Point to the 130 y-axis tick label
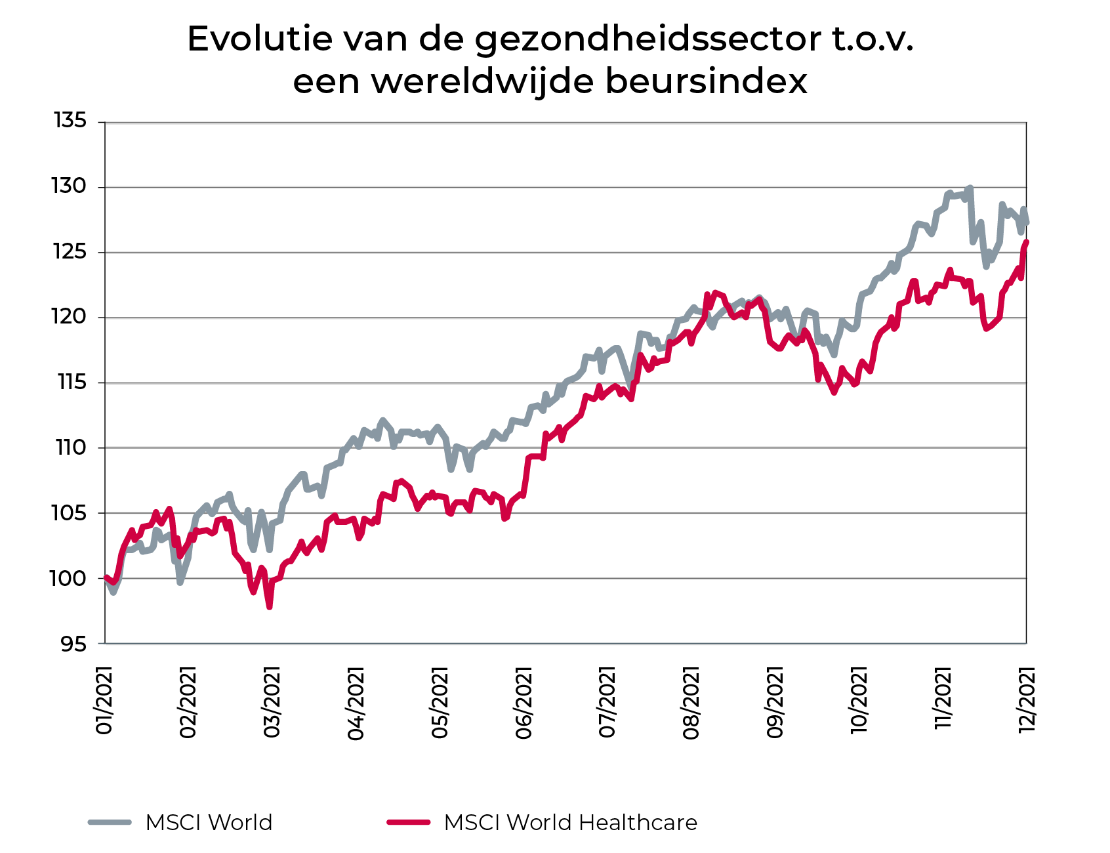point(70,187)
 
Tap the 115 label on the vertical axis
point(72,382)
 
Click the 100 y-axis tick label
point(69,579)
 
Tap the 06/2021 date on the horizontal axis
point(524,703)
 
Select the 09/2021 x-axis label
point(775,703)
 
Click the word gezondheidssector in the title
point(647,40)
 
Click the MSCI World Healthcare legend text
point(570,823)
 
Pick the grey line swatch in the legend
point(110,822)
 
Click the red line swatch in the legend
point(408,822)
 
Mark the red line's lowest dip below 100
point(270,607)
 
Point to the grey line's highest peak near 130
point(970,188)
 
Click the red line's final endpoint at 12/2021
point(1027,242)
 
